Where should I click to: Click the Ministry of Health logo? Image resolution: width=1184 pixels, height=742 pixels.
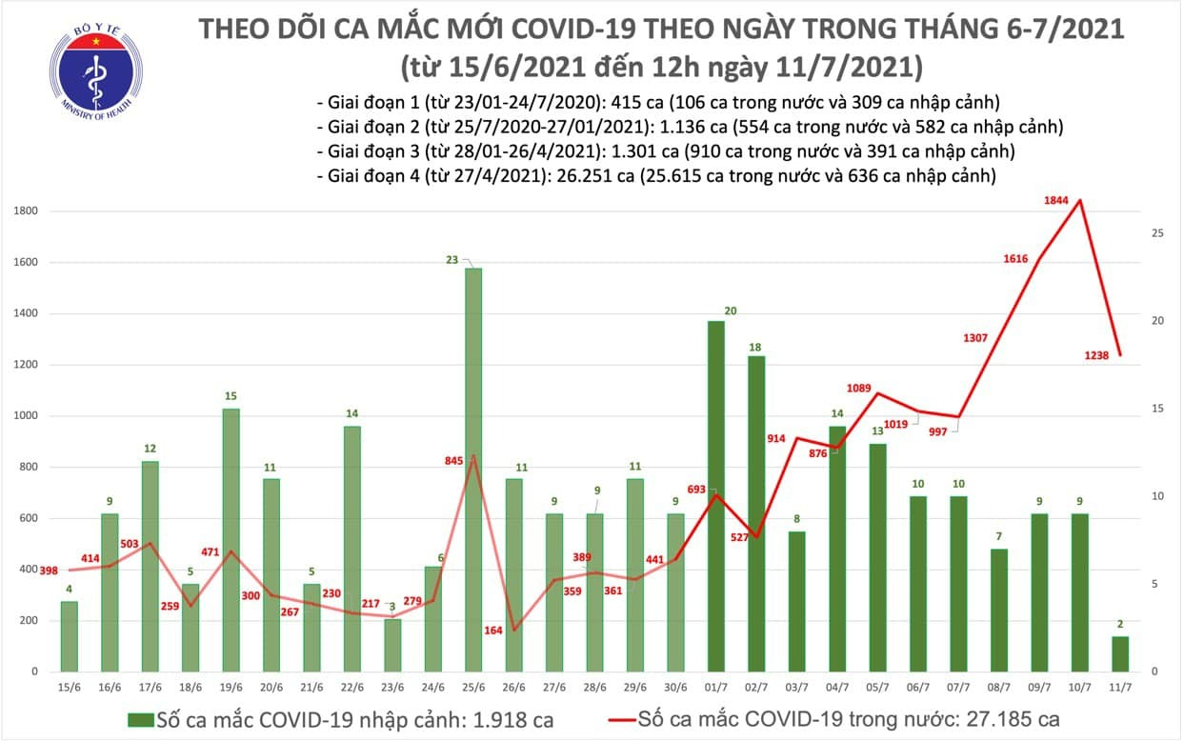(x=92, y=69)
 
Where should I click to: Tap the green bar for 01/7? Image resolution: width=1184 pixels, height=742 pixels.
(x=715, y=495)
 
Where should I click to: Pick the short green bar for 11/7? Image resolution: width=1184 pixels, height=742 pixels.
(x=1120, y=653)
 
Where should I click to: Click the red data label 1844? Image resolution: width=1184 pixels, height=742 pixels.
(x=1056, y=200)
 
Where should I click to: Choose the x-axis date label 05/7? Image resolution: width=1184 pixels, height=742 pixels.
(x=877, y=686)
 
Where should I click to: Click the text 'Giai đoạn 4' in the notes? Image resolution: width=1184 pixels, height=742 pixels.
(x=367, y=175)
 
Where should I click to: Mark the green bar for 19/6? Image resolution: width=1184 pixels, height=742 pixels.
(x=230, y=539)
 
